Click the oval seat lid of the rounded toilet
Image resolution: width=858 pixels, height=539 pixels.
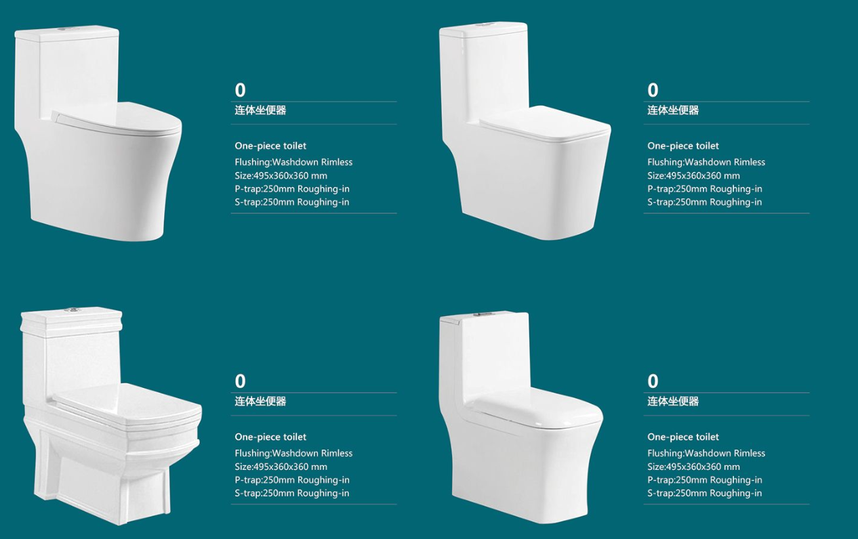click(x=117, y=116)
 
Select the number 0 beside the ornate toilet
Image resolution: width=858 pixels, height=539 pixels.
click(x=240, y=381)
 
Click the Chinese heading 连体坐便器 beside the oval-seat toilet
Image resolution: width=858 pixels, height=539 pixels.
click(x=260, y=110)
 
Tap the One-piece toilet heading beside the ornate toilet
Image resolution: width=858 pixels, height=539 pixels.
click(x=270, y=437)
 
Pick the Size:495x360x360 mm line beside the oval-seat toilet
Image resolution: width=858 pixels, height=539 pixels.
click(x=281, y=175)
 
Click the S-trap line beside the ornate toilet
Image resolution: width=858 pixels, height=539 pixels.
click(x=292, y=493)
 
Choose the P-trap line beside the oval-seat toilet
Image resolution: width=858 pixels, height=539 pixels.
click(x=292, y=189)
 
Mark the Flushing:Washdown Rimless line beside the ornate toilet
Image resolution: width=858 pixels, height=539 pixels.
click(x=293, y=453)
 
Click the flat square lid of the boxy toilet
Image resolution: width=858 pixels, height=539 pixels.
click(x=545, y=121)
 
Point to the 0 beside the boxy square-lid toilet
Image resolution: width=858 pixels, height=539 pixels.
click(x=653, y=90)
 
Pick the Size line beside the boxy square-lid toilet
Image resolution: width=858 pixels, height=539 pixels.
click(x=694, y=175)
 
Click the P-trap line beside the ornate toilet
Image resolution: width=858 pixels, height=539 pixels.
click(x=292, y=479)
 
